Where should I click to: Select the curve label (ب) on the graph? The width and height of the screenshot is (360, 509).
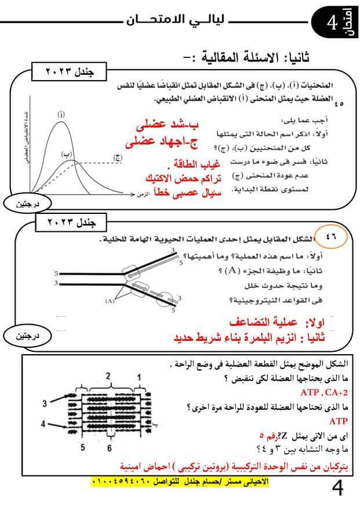click(67, 154)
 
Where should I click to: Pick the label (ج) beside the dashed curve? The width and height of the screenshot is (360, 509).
click(118, 157)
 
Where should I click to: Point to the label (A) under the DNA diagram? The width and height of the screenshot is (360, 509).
click(110, 301)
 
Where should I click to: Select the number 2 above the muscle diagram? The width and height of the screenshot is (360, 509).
click(108, 376)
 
